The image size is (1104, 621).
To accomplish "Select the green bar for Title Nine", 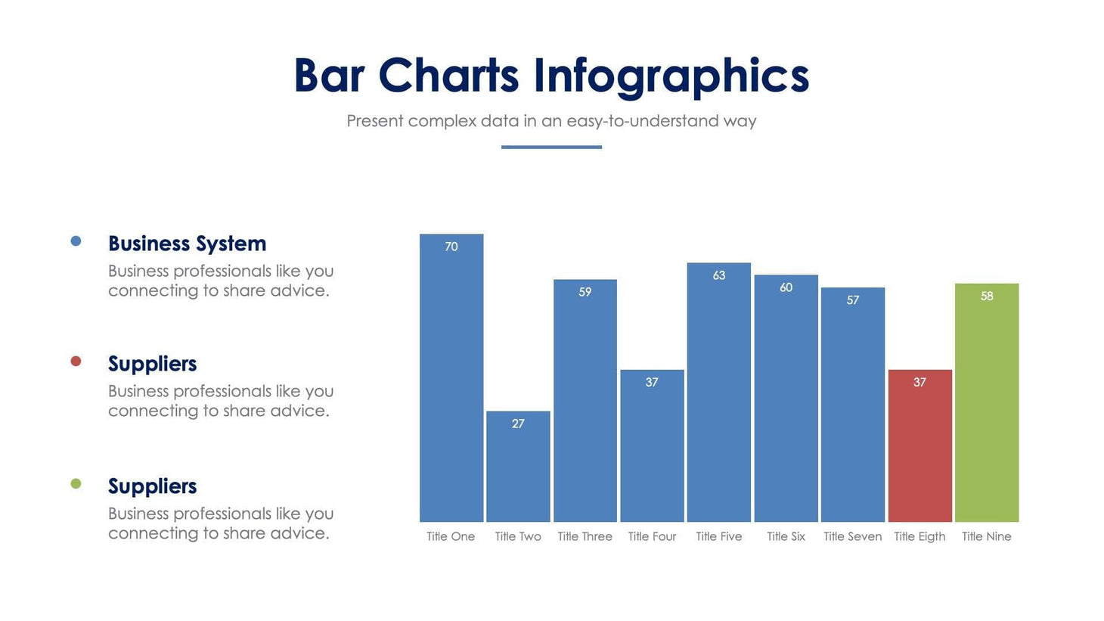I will pos(986,408).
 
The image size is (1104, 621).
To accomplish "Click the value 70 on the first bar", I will pos(451,247).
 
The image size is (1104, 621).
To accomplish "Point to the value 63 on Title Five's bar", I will pos(719,275).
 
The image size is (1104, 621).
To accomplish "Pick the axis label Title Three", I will pos(585,536).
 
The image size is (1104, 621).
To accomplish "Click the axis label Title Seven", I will pos(852,536).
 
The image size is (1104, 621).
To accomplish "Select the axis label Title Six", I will pos(786,536).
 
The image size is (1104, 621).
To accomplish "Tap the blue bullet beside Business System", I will pos(76,241).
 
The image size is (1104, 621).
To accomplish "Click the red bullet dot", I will pos(76,362).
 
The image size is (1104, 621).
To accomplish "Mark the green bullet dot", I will pos(76,483).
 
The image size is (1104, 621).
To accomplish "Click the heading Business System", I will pos(187,244).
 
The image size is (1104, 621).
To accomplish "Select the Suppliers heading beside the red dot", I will pos(152,364).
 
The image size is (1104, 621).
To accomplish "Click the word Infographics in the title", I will pos(671,76).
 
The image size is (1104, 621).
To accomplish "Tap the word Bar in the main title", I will pos(329,76).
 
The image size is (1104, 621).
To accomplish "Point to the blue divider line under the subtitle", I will pos(551,147).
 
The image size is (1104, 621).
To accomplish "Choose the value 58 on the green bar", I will pos(987,297).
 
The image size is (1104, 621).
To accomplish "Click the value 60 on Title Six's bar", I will pos(786,287).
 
